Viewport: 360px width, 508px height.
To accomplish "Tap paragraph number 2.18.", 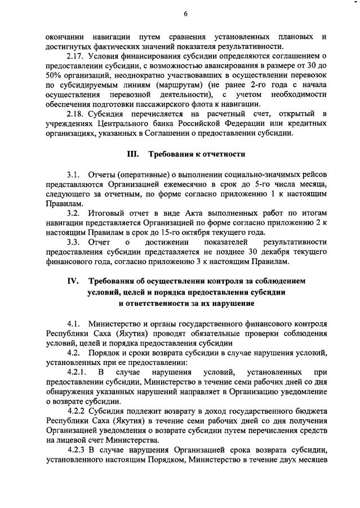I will coord(76,114).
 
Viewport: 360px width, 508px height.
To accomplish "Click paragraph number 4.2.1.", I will coord(78,372).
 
